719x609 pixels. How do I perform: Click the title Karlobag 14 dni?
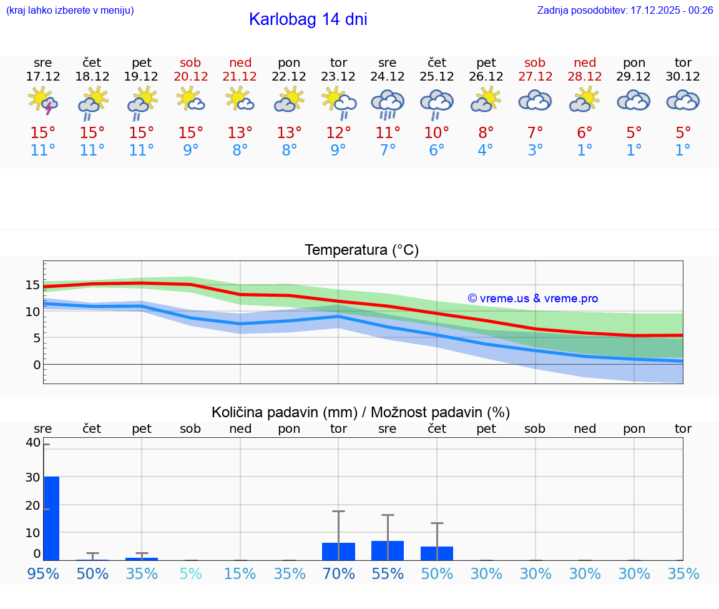pos(308,19)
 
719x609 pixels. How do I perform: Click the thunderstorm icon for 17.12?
pos(43,101)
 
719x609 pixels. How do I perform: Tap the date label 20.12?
pos(190,77)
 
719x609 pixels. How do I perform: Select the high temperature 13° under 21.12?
pos(240,132)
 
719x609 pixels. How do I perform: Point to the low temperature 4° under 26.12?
pos(486,151)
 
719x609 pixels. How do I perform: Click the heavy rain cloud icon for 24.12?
pos(388,102)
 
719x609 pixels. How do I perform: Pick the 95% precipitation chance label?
pos(43,573)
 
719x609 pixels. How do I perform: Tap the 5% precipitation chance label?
pos(190,573)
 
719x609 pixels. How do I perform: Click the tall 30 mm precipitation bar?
pos(52,518)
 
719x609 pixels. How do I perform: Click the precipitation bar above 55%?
pos(388,550)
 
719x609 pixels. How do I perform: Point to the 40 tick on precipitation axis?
pos(32,443)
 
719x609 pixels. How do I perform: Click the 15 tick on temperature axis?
pos(32,285)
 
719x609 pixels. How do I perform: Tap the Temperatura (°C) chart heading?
pos(361,250)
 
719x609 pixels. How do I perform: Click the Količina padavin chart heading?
pos(361,412)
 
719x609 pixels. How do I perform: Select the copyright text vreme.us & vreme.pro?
pos(533,299)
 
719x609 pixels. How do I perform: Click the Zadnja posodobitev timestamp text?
pos(625,10)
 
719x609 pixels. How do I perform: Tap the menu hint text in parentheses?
pos(70,10)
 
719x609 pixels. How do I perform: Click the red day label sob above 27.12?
pos(535,62)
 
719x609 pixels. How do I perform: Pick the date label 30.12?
pos(683,77)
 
